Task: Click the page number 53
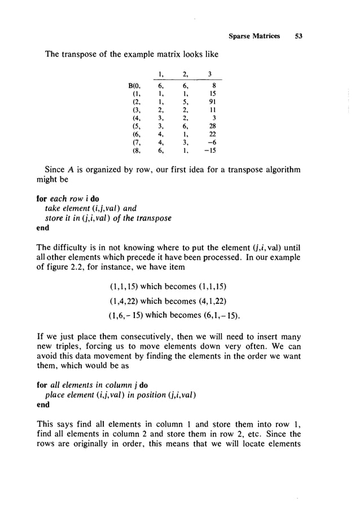[298, 36]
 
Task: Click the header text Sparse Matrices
[254, 36]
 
